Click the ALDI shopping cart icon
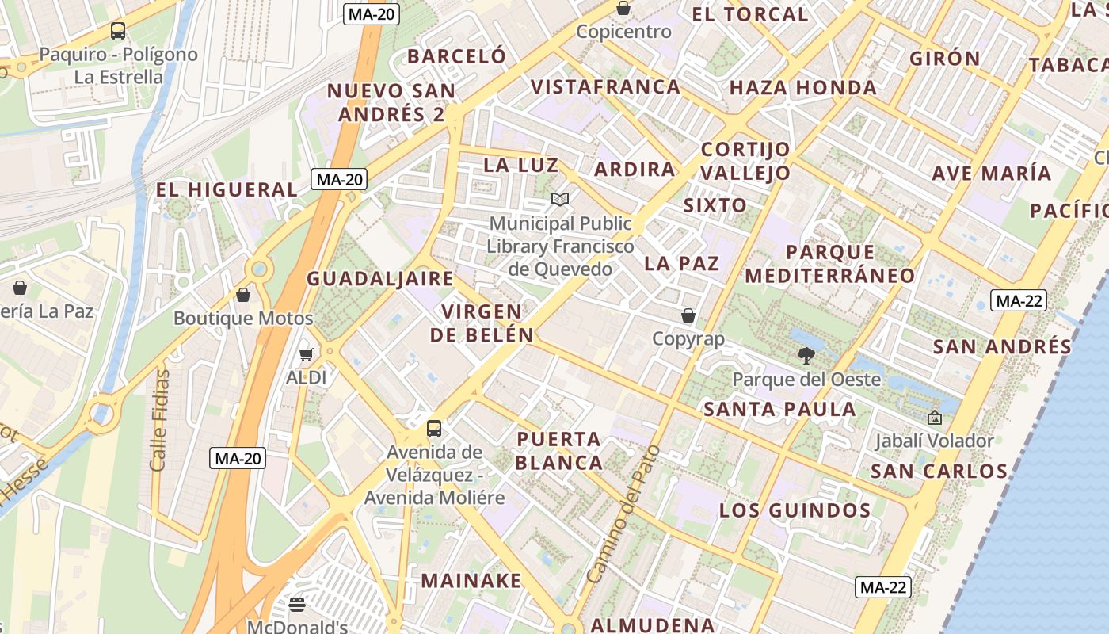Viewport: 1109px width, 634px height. [306, 354]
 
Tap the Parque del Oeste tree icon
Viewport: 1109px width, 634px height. [806, 356]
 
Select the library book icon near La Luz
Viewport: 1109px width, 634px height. [560, 200]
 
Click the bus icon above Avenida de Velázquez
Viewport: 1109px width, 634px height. [433, 429]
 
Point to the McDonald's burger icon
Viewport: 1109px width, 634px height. [297, 605]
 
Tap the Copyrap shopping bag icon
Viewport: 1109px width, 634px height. [688, 315]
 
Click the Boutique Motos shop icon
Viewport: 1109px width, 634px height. [243, 295]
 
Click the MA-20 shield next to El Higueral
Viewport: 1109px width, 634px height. [340, 179]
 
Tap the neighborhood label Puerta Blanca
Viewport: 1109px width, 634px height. [559, 450]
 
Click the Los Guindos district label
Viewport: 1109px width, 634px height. [795, 510]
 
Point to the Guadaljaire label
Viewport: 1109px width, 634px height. [380, 279]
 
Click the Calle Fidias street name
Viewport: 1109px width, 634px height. [159, 420]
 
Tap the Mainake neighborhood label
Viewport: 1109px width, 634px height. [471, 580]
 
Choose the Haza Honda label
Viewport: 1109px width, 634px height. [802, 88]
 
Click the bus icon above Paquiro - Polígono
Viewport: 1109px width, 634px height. [118, 31]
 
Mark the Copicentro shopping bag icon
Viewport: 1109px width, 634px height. [623, 9]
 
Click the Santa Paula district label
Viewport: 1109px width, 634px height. [779, 409]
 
